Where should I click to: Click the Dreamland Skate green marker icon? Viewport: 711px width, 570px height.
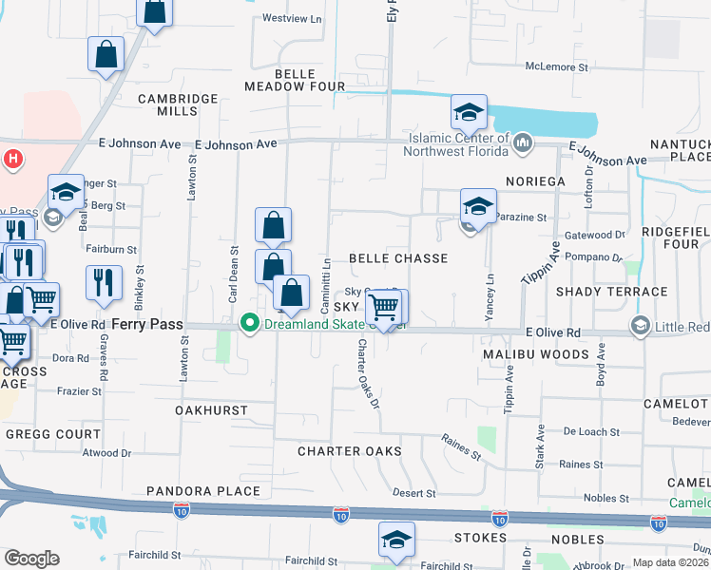(250, 323)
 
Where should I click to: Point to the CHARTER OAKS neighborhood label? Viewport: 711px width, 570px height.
(350, 450)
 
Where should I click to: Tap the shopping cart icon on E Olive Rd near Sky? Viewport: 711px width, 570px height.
(383, 308)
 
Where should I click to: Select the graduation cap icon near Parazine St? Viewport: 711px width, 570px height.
(478, 205)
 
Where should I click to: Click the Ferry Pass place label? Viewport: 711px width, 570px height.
(147, 324)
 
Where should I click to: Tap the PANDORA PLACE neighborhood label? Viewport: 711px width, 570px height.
(203, 491)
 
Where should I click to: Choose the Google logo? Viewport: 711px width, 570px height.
(31, 559)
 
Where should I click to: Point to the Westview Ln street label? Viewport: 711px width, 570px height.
(292, 18)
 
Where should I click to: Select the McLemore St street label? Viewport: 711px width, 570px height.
(558, 66)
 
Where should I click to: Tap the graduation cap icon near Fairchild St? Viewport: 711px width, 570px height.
(396, 540)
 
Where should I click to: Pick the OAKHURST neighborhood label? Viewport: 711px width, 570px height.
(211, 410)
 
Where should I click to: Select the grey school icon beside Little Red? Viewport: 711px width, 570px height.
(641, 328)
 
